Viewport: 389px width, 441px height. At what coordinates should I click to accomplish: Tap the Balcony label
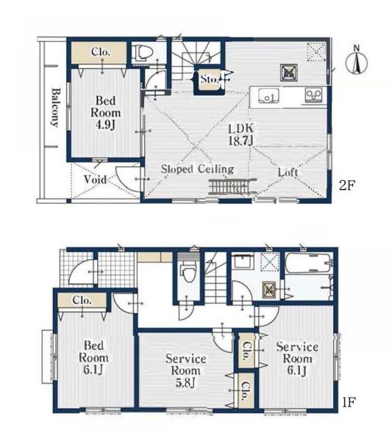click(56, 108)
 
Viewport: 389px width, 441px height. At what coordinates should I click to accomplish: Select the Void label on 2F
click(95, 179)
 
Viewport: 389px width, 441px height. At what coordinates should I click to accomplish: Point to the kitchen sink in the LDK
click(268, 96)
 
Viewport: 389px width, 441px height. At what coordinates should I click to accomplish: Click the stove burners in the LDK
click(313, 95)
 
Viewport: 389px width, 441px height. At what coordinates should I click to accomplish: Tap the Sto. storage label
click(210, 79)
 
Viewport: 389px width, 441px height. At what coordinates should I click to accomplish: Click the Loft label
click(288, 172)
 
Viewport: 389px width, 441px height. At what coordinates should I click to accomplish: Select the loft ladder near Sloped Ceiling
click(232, 186)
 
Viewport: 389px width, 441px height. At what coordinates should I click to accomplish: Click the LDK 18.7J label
click(241, 135)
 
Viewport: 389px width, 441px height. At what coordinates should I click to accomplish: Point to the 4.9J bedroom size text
click(105, 125)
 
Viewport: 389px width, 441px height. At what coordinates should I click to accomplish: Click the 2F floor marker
click(347, 185)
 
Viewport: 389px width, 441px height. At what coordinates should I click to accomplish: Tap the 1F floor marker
click(349, 402)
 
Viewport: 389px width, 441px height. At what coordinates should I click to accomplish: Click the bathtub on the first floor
click(309, 262)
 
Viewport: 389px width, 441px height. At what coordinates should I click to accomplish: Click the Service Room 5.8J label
click(185, 370)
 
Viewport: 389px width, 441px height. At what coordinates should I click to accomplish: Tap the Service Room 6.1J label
click(297, 359)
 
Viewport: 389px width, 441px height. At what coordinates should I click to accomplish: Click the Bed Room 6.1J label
click(93, 357)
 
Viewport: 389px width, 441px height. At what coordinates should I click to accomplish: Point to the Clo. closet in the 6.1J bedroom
click(82, 301)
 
